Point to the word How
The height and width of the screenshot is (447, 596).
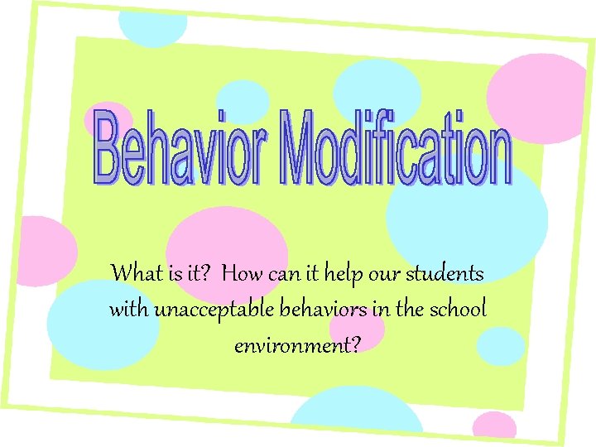(243, 272)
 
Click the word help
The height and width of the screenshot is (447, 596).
(345, 272)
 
